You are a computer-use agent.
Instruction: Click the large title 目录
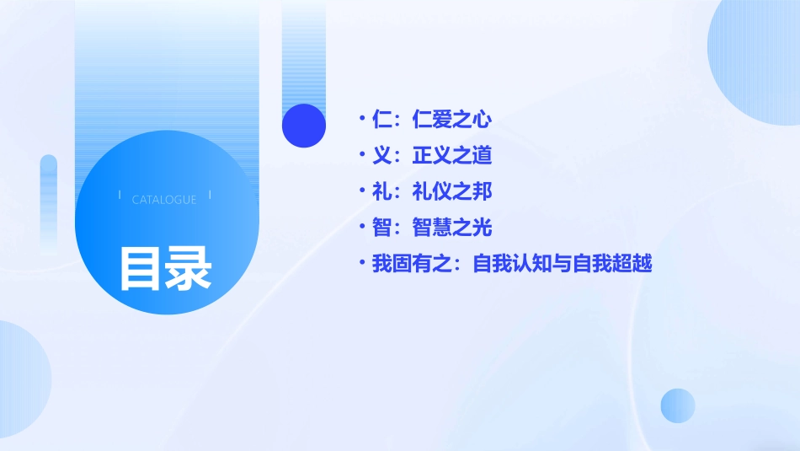point(165,267)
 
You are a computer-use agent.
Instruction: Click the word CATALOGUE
point(164,200)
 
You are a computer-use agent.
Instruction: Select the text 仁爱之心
point(452,120)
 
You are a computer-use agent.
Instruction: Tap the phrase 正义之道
point(452,156)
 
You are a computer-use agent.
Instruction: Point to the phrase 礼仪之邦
point(452,191)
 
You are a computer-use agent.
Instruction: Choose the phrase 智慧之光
point(452,228)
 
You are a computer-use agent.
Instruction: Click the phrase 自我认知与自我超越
point(563,264)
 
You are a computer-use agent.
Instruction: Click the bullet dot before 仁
point(361,120)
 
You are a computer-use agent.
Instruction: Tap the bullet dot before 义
point(361,156)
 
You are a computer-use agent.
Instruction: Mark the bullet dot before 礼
point(361,191)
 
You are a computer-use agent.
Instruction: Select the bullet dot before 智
point(361,228)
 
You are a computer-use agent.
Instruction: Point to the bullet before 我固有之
point(361,264)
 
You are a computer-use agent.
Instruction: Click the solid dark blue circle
point(304,126)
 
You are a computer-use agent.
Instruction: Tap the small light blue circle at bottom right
point(678,405)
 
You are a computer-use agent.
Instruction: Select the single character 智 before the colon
point(381,228)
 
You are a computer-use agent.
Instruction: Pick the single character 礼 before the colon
point(381,191)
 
